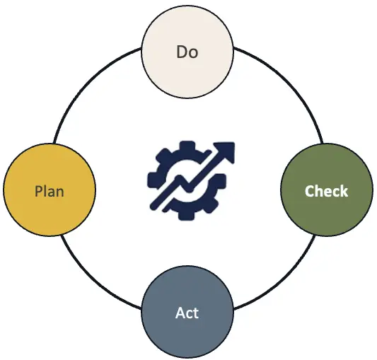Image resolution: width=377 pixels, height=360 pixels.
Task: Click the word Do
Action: (187, 52)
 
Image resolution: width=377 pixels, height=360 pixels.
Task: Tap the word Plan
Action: (50, 192)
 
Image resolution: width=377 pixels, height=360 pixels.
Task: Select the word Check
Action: (326, 191)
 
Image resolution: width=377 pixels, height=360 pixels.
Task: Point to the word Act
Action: (187, 313)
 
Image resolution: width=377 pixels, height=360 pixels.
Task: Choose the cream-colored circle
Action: (187, 52)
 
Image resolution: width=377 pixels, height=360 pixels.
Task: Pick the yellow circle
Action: (50, 190)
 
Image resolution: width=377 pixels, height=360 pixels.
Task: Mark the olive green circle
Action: (327, 190)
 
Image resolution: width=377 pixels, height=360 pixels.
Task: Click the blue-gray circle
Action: (187, 313)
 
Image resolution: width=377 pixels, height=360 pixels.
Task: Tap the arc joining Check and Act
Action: (286, 281)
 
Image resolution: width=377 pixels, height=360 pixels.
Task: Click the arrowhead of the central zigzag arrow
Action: (226, 151)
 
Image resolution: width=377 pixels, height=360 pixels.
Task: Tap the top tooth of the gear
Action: (187, 146)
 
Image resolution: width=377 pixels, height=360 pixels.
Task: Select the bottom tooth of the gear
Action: (187, 215)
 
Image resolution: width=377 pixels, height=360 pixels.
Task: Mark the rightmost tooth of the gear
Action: (221, 181)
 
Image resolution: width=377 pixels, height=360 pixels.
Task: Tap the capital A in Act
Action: (180, 313)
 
